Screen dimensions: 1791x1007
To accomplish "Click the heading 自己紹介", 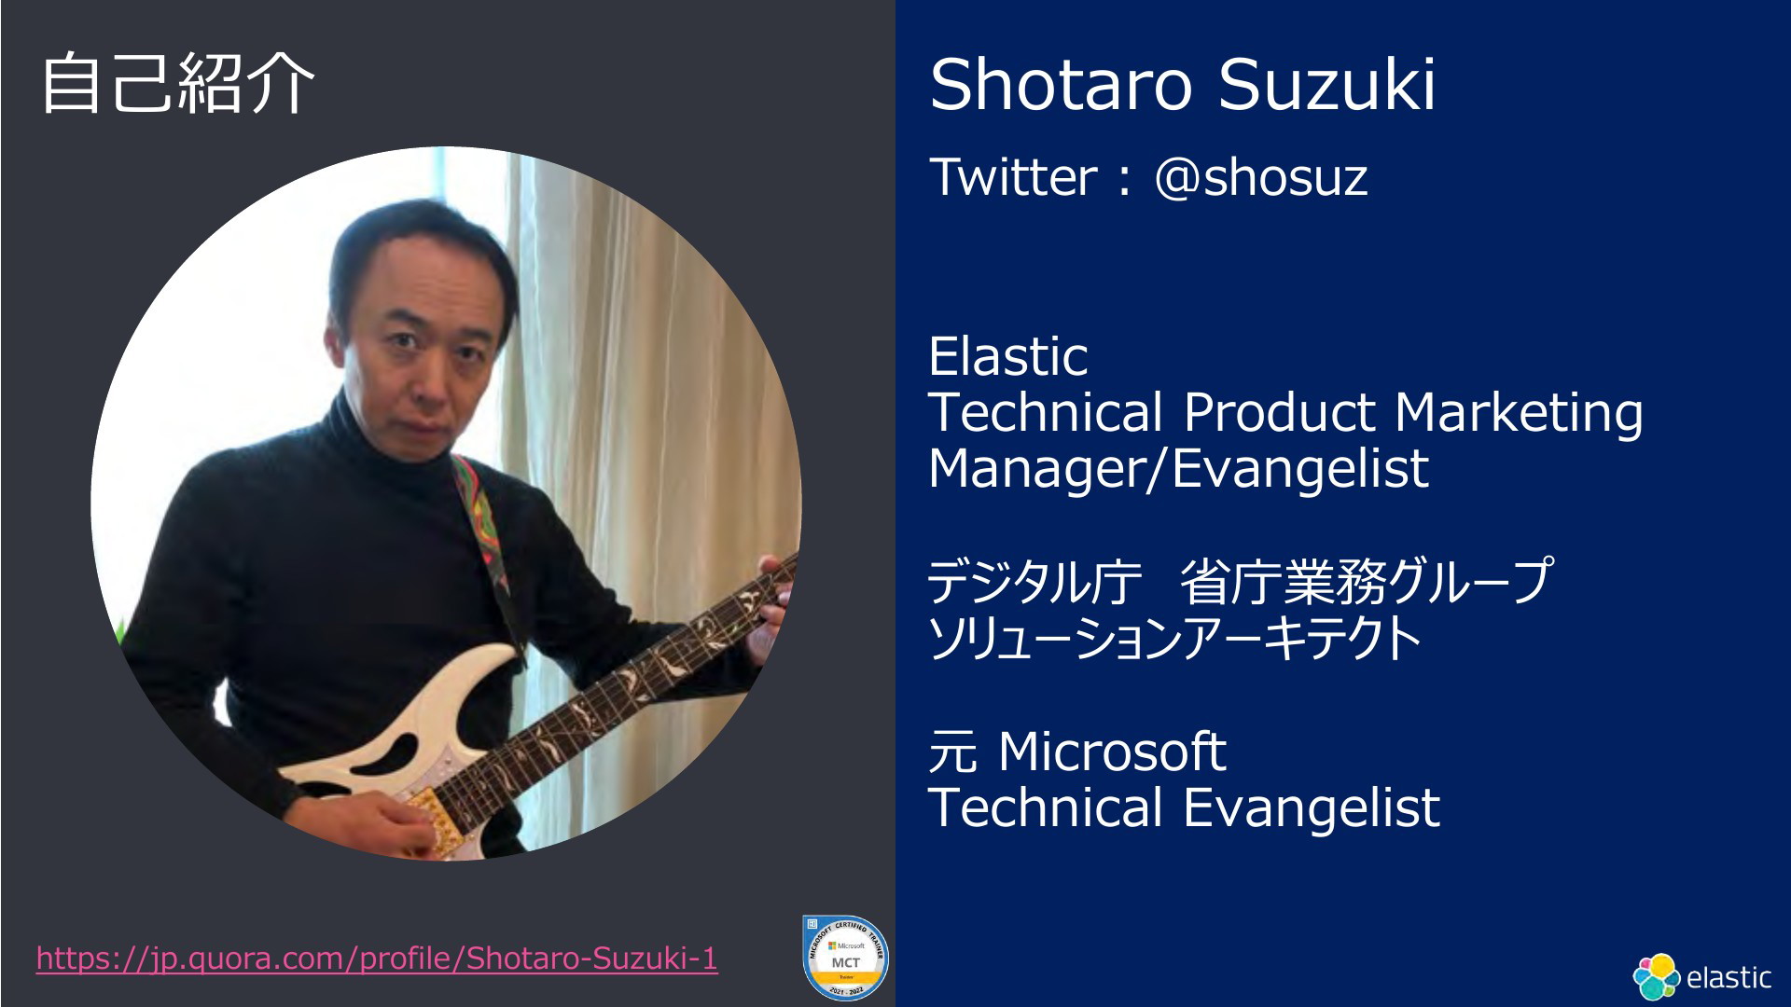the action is pyautogui.click(x=177, y=84).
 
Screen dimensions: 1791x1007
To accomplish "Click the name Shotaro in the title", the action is pyautogui.click(x=1061, y=85).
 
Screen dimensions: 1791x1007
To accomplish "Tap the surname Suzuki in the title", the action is pyautogui.click(x=1326, y=85).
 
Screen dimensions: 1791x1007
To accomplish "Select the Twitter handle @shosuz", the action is pyautogui.click(x=1260, y=176).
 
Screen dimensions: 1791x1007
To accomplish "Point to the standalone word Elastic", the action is pyautogui.click(x=1008, y=355).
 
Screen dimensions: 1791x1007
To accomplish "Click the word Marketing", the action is pyautogui.click(x=1518, y=414).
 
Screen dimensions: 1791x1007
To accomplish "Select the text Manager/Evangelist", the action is pyautogui.click(x=1178, y=469).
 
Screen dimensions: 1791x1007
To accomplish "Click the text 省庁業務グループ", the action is pyautogui.click(x=1367, y=581).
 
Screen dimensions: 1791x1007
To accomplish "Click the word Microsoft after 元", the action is pyautogui.click(x=1111, y=752).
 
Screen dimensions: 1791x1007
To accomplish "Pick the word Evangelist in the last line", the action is pyautogui.click(x=1312, y=807).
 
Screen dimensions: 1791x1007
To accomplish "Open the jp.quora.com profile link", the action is pyautogui.click(x=377, y=959).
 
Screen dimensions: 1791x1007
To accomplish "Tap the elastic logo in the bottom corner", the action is pyautogui.click(x=1701, y=977).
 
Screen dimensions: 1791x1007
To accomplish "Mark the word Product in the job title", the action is pyautogui.click(x=1279, y=412).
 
